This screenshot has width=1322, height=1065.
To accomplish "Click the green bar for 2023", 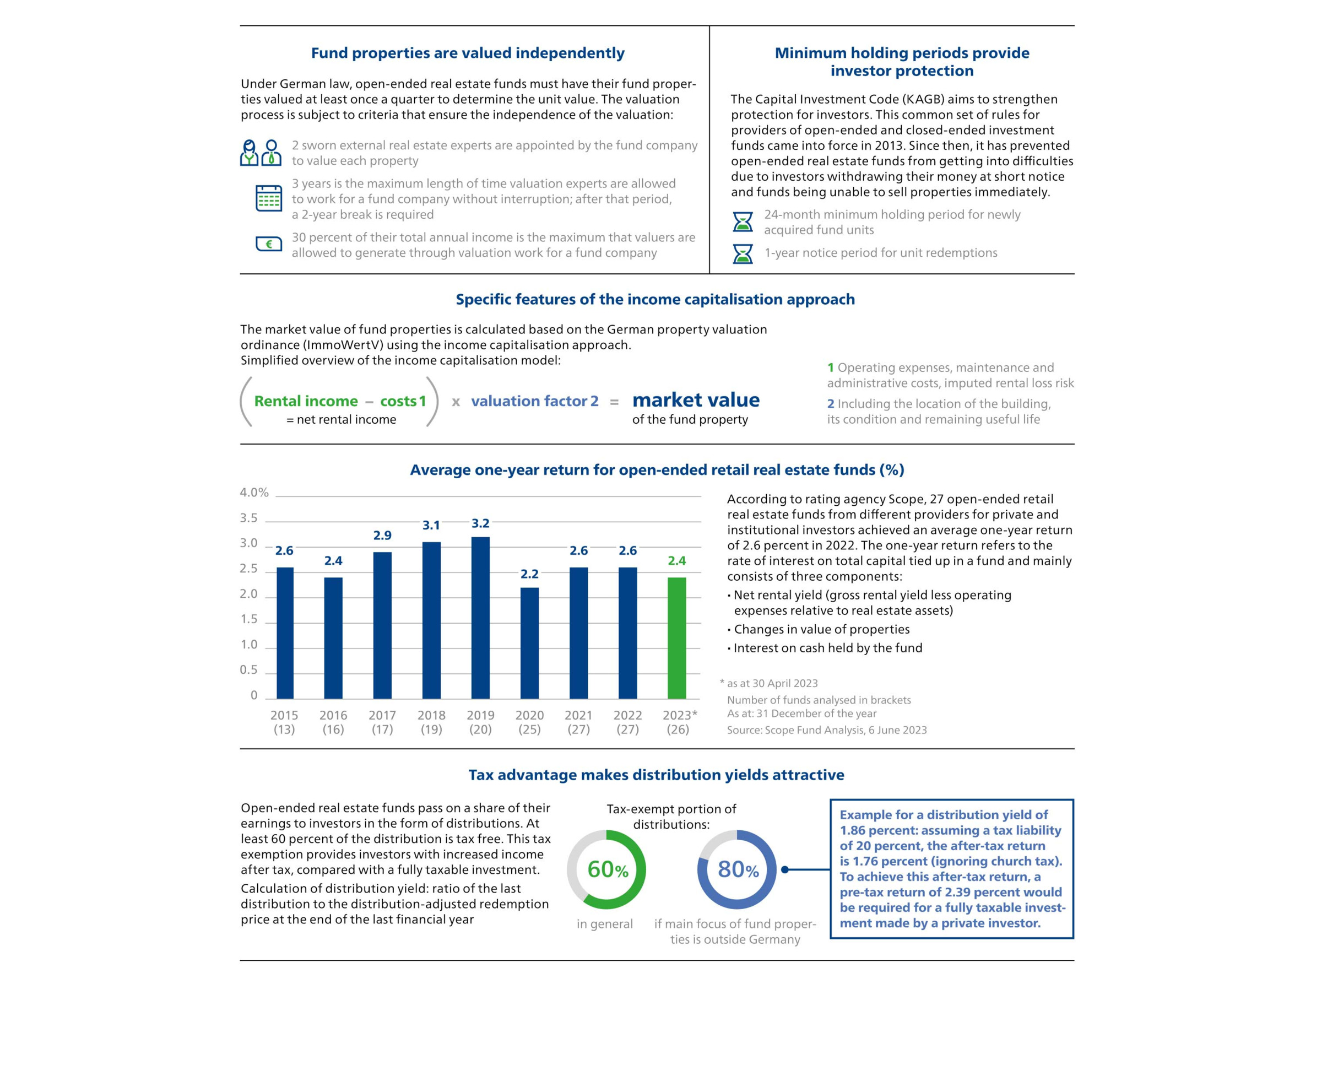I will [x=676, y=638].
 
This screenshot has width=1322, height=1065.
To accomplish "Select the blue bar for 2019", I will [x=480, y=618].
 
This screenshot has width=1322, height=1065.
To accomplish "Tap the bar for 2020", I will [x=529, y=643].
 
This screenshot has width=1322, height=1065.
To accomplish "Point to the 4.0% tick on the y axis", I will [x=254, y=493].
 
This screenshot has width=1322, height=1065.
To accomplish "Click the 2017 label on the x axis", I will [x=382, y=715].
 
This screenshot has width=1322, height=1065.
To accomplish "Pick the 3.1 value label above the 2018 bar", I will [x=431, y=525].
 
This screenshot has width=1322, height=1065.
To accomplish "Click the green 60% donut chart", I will [x=606, y=869].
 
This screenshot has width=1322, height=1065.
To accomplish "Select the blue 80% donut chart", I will [x=737, y=869].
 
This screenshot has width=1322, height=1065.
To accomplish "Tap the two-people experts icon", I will [x=261, y=153].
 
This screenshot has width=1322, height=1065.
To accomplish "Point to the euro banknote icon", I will [x=269, y=244].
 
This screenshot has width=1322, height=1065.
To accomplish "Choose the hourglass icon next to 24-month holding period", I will [x=743, y=222].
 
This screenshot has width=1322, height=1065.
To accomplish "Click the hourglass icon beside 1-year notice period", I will [x=743, y=253].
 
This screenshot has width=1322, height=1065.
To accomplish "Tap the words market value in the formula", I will [x=695, y=400].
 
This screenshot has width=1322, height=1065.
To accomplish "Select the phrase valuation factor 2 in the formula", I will [x=534, y=401].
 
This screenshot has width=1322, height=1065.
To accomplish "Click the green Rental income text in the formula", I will [x=305, y=401].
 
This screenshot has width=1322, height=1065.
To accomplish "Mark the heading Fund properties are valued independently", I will [x=467, y=53].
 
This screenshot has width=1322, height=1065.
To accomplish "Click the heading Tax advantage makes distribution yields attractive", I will [x=656, y=775].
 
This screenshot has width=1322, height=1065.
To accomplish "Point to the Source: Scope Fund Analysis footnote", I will [x=827, y=730].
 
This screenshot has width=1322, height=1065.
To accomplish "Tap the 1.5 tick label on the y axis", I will [x=248, y=619].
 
